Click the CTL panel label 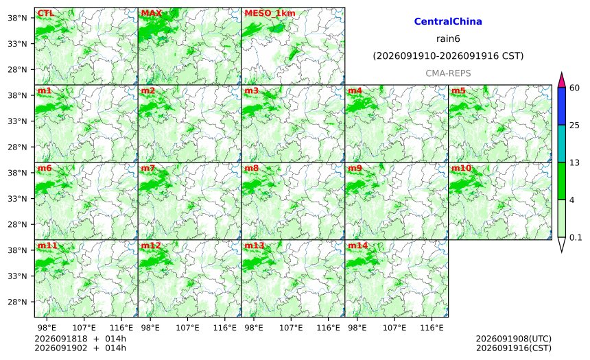pos(45,13)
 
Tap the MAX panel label pos(151,13)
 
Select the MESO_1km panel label pos(270,13)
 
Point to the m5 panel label pos(458,91)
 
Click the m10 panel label pos(461,168)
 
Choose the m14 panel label pos(357,245)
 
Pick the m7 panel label pos(148,168)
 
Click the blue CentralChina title pos(448,21)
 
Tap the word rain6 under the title pos(448,39)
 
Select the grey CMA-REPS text pos(448,73)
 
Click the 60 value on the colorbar pos(575,88)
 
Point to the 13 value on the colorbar pos(575,163)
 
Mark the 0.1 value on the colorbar pos(576,237)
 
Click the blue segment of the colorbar pos(561,106)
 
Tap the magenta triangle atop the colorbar pos(561,80)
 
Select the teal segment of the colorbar pos(561,143)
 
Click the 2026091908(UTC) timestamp pos(514,339)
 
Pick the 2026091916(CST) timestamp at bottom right pos(514,348)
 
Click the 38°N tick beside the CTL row pos(17,18)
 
